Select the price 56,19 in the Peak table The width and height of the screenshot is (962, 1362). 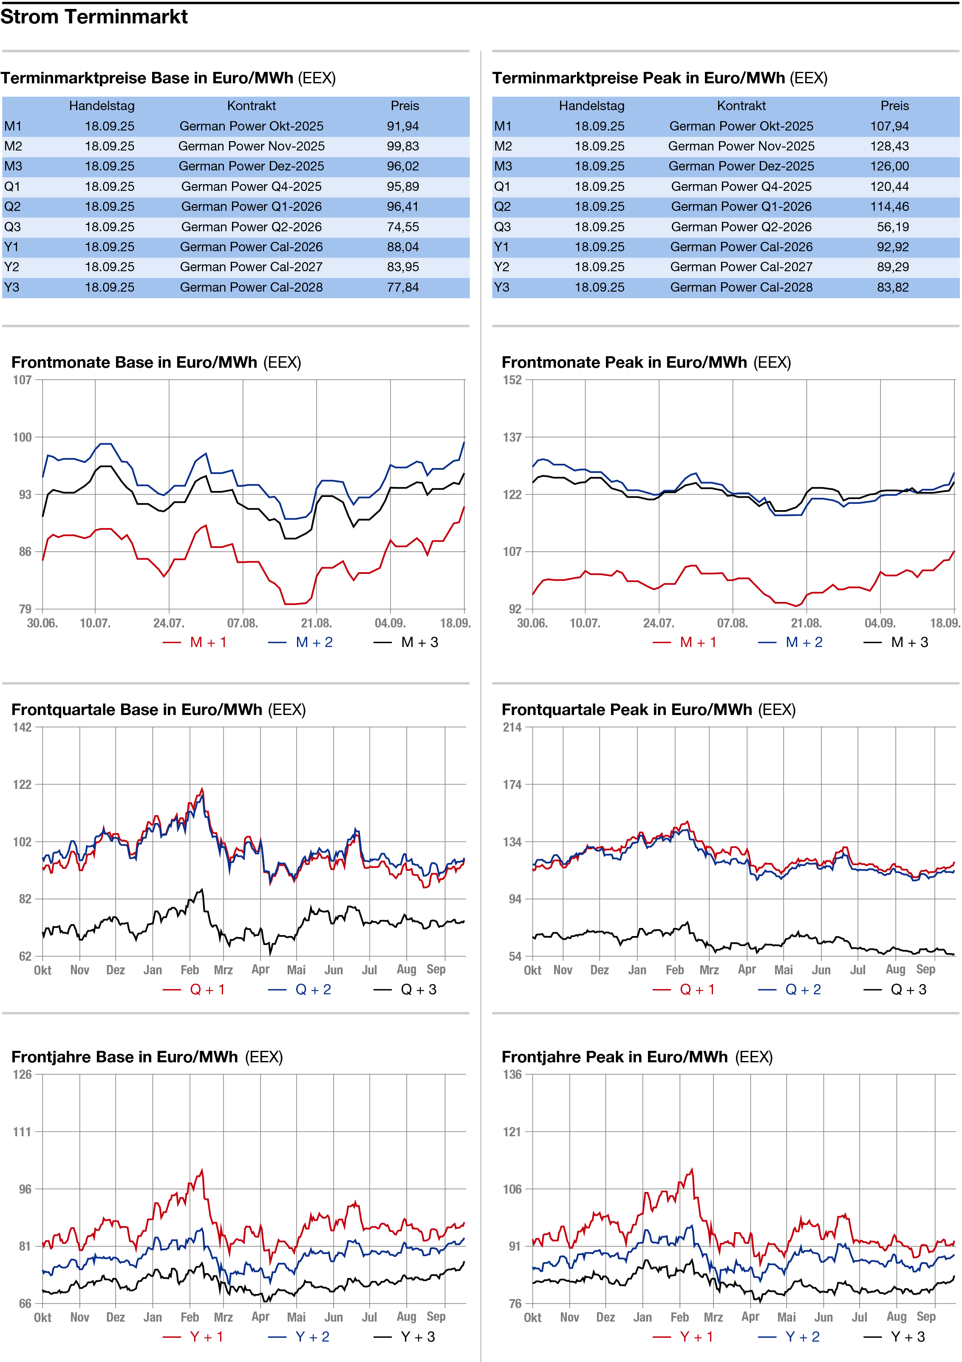[893, 227]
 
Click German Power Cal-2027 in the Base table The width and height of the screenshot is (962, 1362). [252, 267]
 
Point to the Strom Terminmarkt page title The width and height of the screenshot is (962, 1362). [94, 17]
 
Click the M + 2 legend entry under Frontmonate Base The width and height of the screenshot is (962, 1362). [313, 642]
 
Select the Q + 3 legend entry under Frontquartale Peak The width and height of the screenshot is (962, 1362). [908, 990]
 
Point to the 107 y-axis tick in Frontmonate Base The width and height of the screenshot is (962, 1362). [22, 380]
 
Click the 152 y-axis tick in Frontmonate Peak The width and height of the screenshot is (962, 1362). [512, 380]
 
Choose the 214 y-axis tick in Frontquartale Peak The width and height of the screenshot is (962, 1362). [512, 727]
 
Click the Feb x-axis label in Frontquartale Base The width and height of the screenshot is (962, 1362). [190, 970]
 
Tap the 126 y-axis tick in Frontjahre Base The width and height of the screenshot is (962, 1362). [22, 1074]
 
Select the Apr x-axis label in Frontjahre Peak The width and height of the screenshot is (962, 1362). [750, 1317]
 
